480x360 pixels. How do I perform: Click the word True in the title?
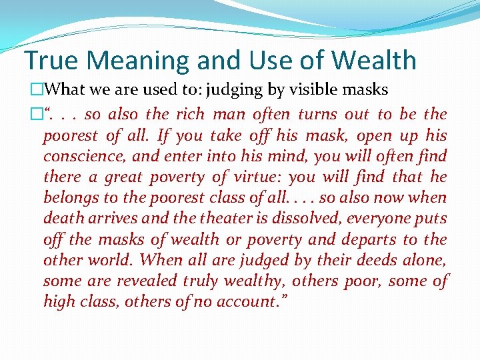click(x=51, y=61)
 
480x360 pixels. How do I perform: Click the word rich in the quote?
click(x=189, y=114)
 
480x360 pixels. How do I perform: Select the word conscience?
click(x=79, y=157)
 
